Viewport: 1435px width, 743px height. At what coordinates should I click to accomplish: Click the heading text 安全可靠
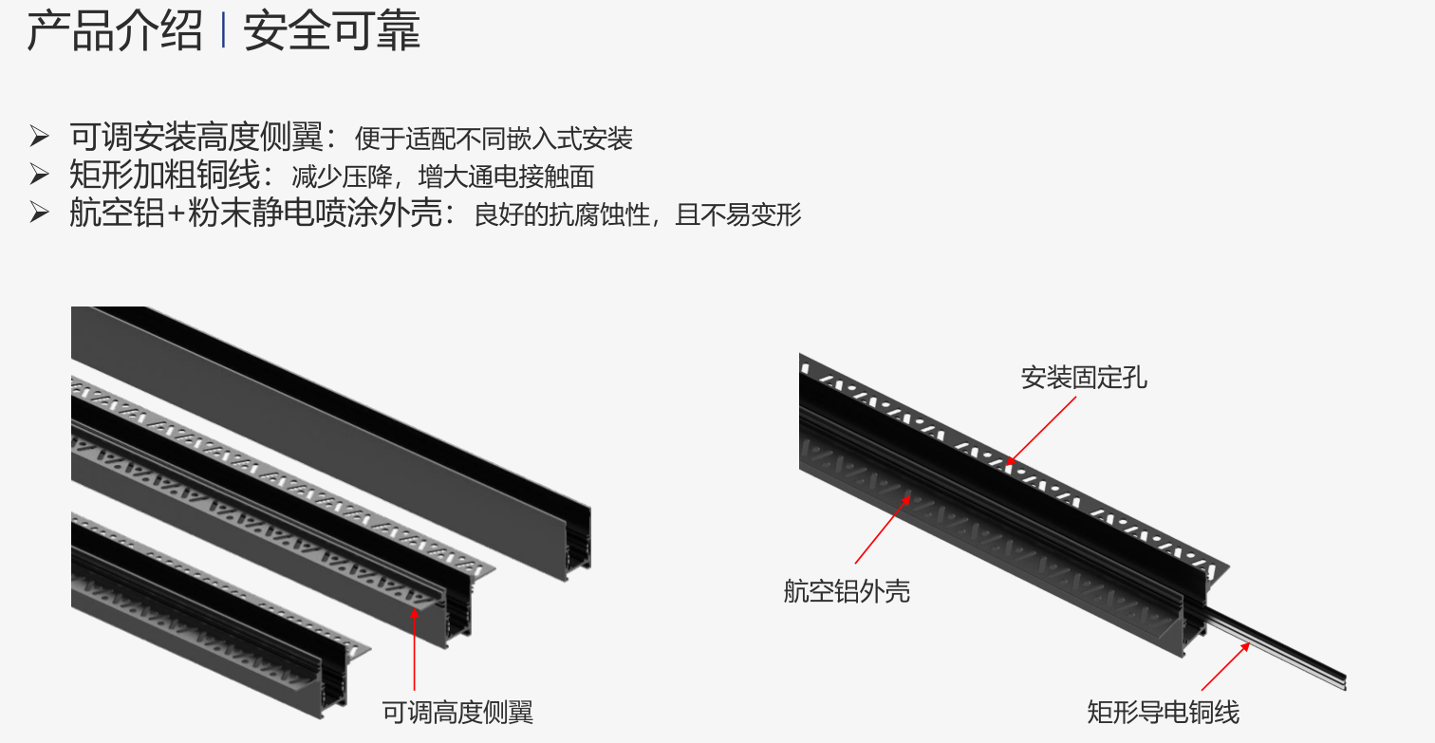pos(332,30)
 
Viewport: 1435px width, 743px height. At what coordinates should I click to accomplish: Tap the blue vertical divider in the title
pos(223,30)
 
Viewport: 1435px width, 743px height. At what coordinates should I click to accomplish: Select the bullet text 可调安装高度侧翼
pos(196,137)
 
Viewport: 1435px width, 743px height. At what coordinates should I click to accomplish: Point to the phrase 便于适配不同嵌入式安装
pos(494,139)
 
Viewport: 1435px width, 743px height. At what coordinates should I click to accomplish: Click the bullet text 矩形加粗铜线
pos(164,175)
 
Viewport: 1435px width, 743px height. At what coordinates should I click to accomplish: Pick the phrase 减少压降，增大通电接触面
pos(442,176)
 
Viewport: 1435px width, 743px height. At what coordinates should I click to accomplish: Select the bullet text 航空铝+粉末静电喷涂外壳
pos(255,213)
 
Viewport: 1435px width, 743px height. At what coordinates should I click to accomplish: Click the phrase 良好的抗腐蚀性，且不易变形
pos(638,214)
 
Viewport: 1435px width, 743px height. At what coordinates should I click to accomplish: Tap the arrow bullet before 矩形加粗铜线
pos(39,175)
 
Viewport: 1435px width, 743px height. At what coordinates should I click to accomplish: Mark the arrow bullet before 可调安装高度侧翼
pos(39,136)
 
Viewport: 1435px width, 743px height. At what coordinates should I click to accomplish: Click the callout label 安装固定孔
pos(1084,378)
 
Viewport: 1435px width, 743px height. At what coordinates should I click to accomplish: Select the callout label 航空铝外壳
pos(847,590)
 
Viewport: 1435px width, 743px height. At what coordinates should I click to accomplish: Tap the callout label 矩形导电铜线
pos(1163,713)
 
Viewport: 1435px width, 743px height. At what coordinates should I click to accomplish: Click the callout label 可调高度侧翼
pos(457,713)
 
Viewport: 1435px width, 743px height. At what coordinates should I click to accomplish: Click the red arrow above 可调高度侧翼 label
pos(415,649)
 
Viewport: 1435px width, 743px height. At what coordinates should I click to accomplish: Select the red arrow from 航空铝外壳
pos(883,529)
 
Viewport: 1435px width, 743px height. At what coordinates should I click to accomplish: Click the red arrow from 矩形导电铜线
pos(1225,666)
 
